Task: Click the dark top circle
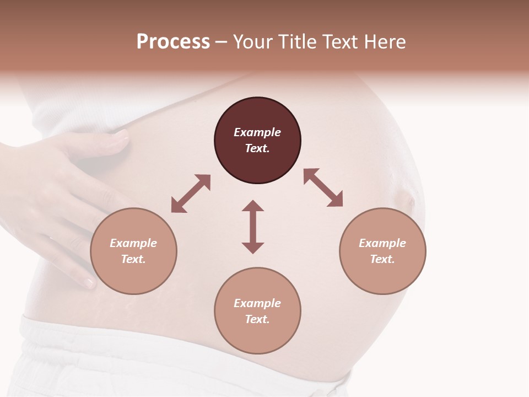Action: pyautogui.click(x=257, y=141)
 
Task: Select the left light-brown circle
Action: pyautogui.click(x=133, y=251)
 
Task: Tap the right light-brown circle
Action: pyautogui.click(x=382, y=251)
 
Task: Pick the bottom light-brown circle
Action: pyautogui.click(x=257, y=312)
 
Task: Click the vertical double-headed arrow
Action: pyautogui.click(x=253, y=227)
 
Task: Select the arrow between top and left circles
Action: pyautogui.click(x=191, y=194)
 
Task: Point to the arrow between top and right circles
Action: pyautogui.click(x=323, y=187)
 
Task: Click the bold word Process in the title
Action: pyautogui.click(x=173, y=42)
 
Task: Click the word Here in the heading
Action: pyautogui.click(x=385, y=42)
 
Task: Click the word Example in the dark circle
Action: pyautogui.click(x=257, y=132)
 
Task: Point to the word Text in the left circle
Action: pyautogui.click(x=133, y=259)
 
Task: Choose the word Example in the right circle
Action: pyautogui.click(x=382, y=243)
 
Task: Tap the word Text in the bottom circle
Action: pyautogui.click(x=257, y=319)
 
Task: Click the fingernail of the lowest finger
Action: pyautogui.click(x=89, y=283)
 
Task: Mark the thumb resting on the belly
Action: pyautogui.click(x=105, y=141)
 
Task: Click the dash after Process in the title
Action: pyautogui.click(x=222, y=42)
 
